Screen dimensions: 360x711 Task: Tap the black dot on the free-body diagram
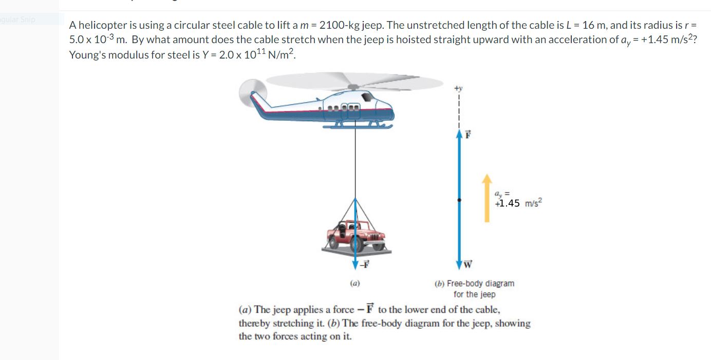pyautogui.click(x=459, y=199)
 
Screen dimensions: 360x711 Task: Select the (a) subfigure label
pyautogui.click(x=354, y=282)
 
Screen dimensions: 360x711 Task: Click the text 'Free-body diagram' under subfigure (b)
pyautogui.click(x=480, y=283)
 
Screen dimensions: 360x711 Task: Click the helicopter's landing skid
pyautogui.click(x=360, y=125)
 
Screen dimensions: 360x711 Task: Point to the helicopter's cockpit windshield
pyautogui.click(x=382, y=102)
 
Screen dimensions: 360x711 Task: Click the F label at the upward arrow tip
pyautogui.click(x=468, y=135)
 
